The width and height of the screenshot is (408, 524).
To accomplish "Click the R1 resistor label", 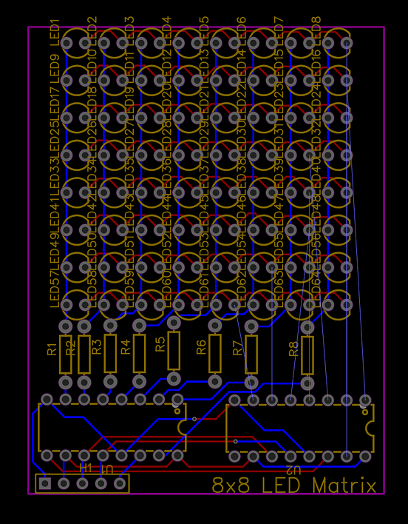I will coord(52,349).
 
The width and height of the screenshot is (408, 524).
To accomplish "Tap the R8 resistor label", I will coord(294,349).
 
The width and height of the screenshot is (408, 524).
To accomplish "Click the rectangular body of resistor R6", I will coord(215,353).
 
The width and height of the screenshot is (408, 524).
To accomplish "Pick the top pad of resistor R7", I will coord(251,326).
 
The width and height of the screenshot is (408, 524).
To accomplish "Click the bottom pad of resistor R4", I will coord(139,381).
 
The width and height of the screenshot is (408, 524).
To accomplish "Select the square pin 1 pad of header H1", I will coord(45,483).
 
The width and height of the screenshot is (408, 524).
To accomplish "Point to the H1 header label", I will coord(86,468).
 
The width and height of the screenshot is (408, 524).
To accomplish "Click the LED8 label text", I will coord(316,30).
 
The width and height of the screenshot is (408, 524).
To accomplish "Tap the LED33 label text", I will coord(54,173).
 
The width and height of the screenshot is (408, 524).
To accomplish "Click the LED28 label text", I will coord(166,133).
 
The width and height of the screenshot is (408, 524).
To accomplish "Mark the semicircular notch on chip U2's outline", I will coord(370,428).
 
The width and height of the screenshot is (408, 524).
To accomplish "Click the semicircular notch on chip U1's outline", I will coord(183,428).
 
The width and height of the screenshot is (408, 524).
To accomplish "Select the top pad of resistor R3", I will coord(110,326).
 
